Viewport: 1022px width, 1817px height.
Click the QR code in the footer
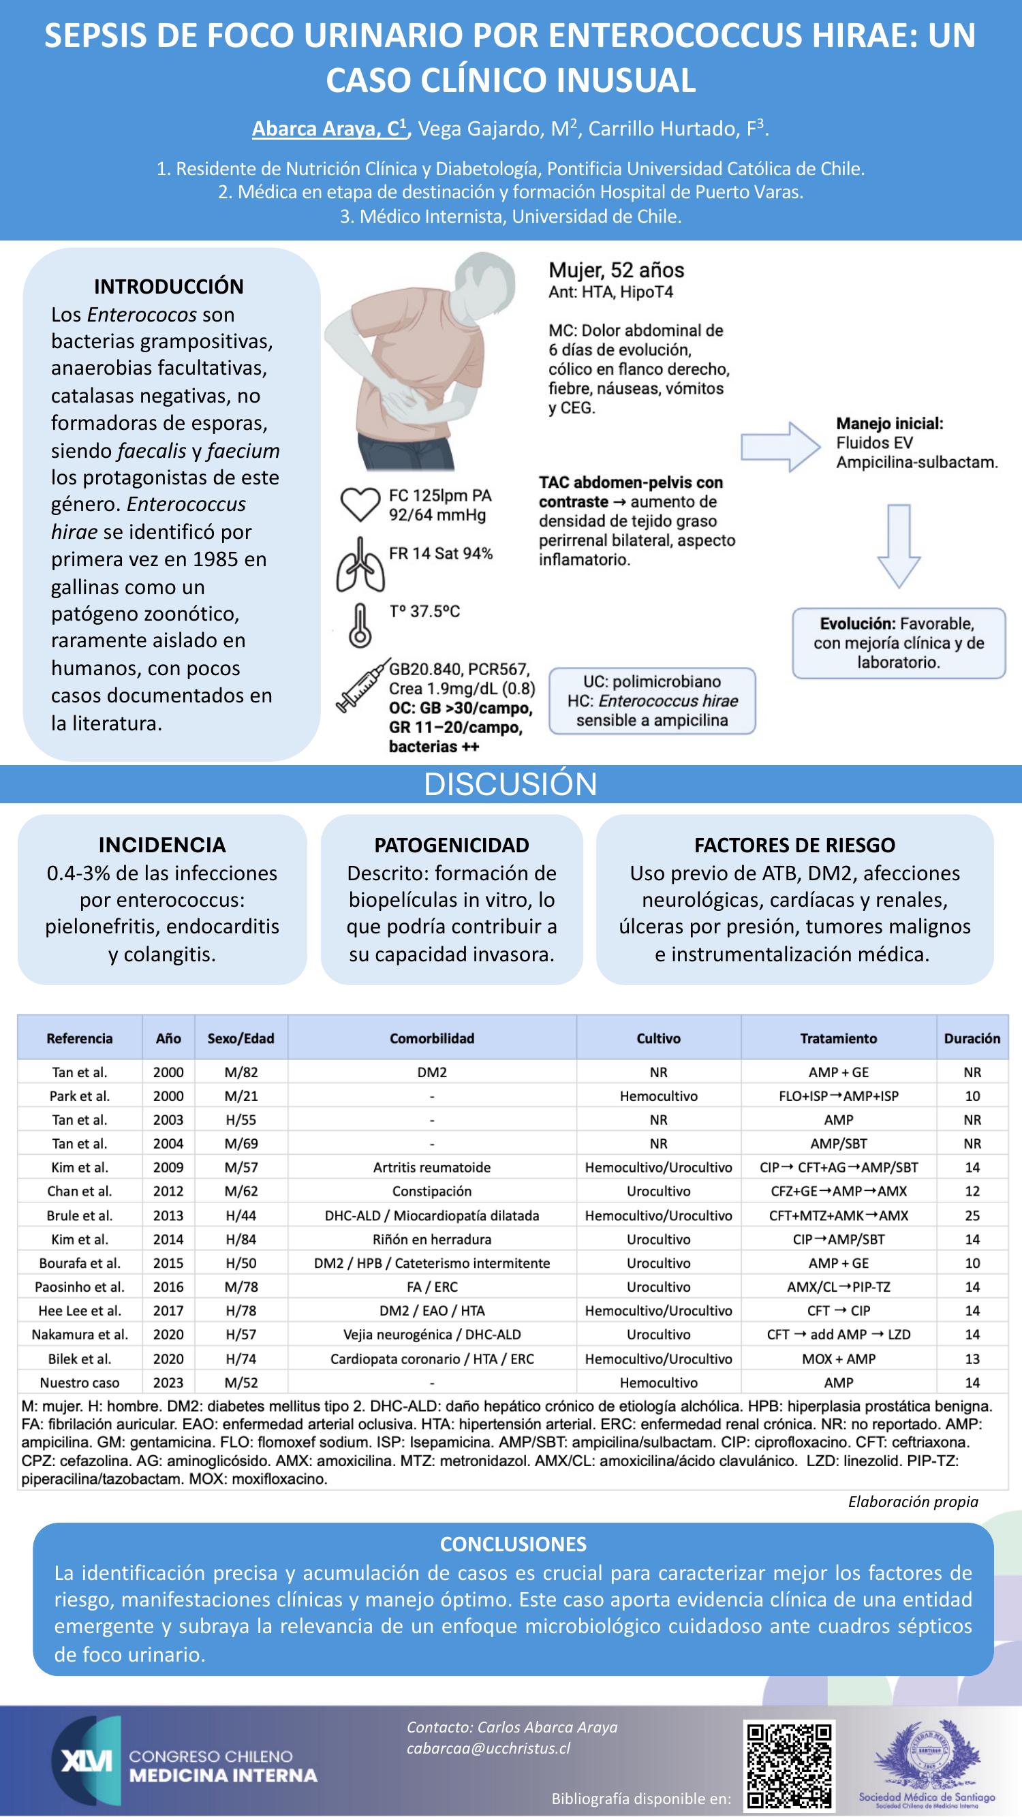pyautogui.click(x=789, y=1766)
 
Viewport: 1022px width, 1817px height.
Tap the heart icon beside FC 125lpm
pyautogui.click(x=360, y=504)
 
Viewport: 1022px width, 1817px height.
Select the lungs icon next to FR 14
pyautogui.click(x=360, y=565)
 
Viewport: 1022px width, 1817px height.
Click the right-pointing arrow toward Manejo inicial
pyautogui.click(x=780, y=446)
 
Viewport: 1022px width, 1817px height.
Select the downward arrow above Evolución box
pyautogui.click(x=899, y=545)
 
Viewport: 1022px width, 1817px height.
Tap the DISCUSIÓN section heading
pyautogui.click(x=510, y=784)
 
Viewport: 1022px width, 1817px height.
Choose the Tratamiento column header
pyautogui.click(x=838, y=1038)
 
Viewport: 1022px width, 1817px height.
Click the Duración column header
pyautogui.click(x=972, y=1038)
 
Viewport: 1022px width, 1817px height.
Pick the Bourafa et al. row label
pyautogui.click(x=80, y=1263)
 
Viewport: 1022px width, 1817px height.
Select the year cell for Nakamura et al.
pyautogui.click(x=168, y=1335)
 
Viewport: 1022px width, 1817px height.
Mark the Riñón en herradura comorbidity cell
pyautogui.click(x=432, y=1239)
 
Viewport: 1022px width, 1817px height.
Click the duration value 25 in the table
pyautogui.click(x=972, y=1215)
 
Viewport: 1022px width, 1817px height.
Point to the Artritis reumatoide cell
pyautogui.click(x=432, y=1167)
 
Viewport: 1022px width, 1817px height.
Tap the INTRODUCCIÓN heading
pyautogui.click(x=168, y=286)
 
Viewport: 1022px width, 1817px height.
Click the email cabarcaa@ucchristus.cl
pyautogui.click(x=489, y=1749)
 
